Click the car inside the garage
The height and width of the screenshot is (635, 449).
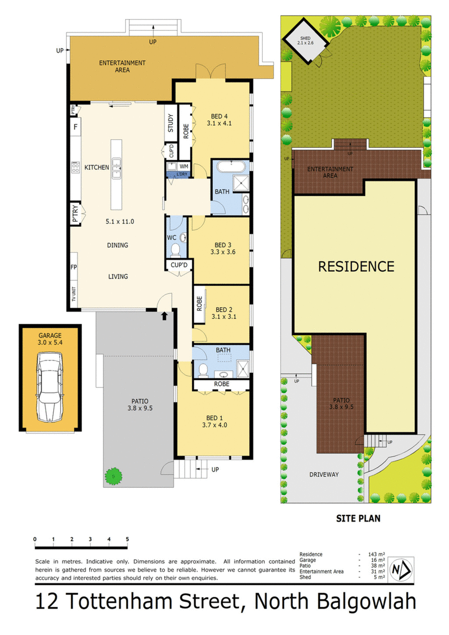[x=50, y=387]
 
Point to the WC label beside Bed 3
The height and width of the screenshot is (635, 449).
[x=172, y=237]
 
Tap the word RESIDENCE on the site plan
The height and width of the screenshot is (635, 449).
[x=356, y=266]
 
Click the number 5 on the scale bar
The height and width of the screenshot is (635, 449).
[x=127, y=539]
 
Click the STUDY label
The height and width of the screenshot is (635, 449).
[x=171, y=124]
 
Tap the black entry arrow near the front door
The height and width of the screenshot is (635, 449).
[x=164, y=316]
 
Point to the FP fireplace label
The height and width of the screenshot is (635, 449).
[x=74, y=268]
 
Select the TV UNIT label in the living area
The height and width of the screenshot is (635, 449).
[x=74, y=295]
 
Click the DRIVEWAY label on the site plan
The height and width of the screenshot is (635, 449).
[x=324, y=474]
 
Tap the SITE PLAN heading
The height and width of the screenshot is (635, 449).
[x=357, y=519]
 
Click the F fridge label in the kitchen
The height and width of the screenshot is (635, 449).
[x=75, y=127]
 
